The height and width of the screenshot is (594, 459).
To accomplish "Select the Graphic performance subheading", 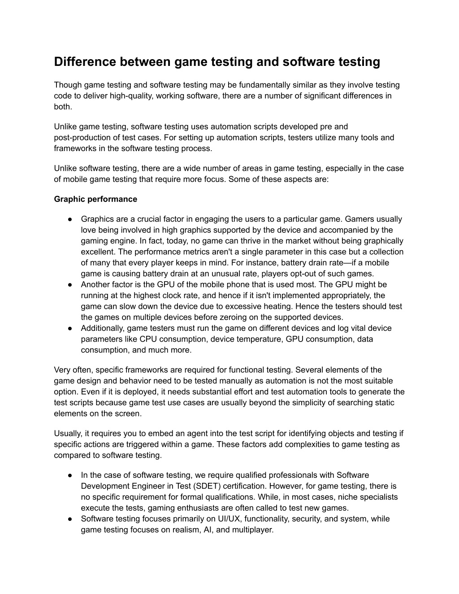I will [95, 199].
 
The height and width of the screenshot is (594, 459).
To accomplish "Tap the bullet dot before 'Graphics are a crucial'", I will [71, 219].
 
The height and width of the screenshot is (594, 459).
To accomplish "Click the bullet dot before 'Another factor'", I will [71, 285].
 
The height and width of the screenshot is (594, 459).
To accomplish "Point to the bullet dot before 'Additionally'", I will [71, 328].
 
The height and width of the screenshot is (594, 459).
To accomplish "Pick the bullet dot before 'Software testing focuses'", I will [71, 519].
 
